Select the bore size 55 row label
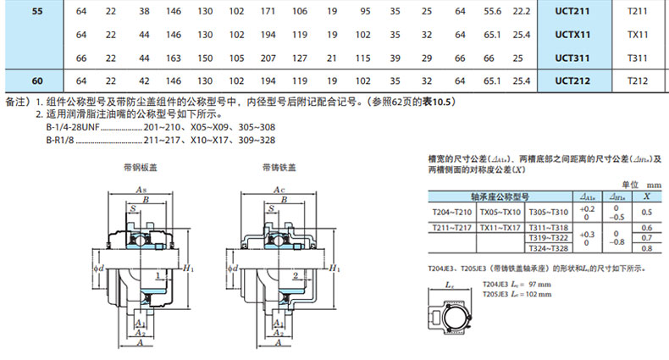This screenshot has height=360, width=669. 36,12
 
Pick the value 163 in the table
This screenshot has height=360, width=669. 174,58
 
